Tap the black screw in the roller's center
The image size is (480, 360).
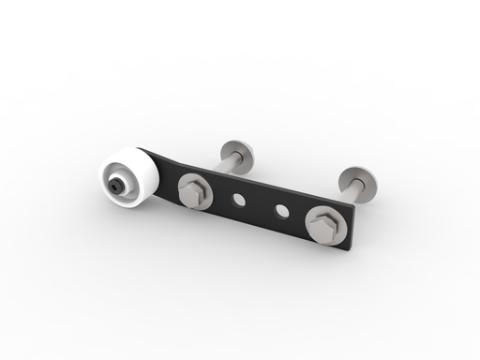(114, 186)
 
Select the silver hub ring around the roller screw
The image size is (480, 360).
(119, 180)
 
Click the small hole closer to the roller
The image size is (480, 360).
(240, 200)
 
